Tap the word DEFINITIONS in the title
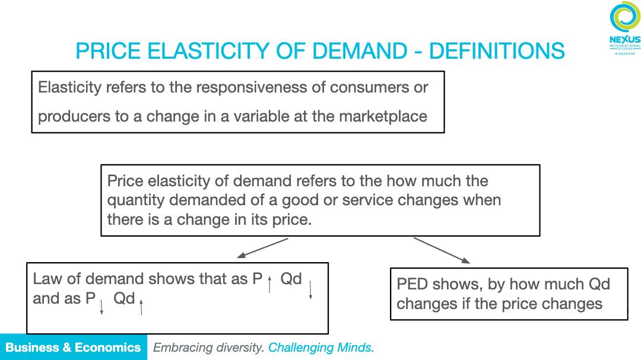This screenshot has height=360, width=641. pyautogui.click(x=497, y=51)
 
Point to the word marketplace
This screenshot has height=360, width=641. pyautogui.click(x=383, y=116)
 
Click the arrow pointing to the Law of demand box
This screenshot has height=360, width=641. pyautogui.click(x=262, y=248)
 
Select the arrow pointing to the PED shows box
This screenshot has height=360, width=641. pyautogui.click(x=442, y=250)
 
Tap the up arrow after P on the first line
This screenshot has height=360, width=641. pyautogui.click(x=269, y=285)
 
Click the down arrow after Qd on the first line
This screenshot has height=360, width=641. pyautogui.click(x=310, y=289)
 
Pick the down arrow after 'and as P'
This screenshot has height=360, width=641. pyautogui.click(x=102, y=307)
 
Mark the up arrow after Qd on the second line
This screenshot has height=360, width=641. pyautogui.click(x=141, y=307)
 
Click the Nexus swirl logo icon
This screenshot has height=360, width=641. pyautogui.click(x=624, y=17)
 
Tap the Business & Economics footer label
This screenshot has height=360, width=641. pyautogui.click(x=73, y=348)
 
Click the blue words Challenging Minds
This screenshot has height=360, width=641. pyautogui.click(x=321, y=348)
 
